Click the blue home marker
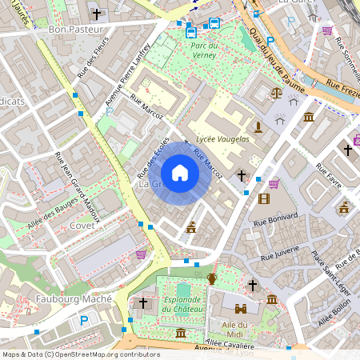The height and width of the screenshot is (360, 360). point(180,172)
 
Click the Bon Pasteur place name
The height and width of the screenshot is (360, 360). point(76,30)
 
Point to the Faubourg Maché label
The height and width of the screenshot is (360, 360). point(50,299)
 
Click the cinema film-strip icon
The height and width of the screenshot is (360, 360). point(264,198)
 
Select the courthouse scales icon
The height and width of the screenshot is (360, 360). point(278,93)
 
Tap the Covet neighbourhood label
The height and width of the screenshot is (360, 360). point(82,226)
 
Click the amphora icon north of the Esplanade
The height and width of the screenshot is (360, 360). point(212,278)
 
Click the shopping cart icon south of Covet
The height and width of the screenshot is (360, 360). point(142,254)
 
